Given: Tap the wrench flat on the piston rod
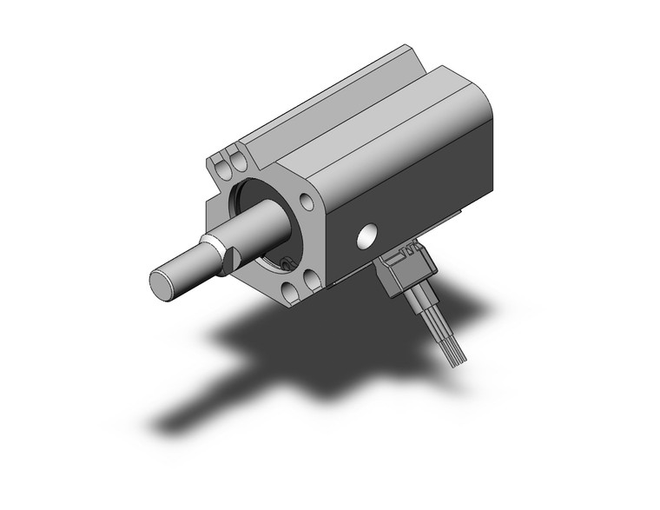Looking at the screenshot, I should pyautogui.click(x=232, y=258).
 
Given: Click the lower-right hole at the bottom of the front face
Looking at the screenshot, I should pyautogui.click(x=308, y=280).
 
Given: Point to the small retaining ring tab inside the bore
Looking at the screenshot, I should pyautogui.click(x=285, y=262).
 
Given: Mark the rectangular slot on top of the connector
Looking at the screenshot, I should pyautogui.click(x=402, y=254).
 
